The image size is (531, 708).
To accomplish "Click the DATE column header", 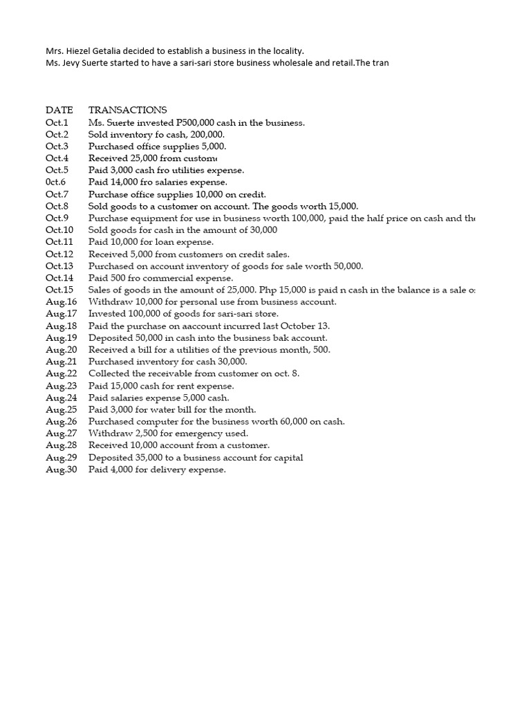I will (59, 111).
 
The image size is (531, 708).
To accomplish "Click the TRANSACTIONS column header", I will (127, 111).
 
